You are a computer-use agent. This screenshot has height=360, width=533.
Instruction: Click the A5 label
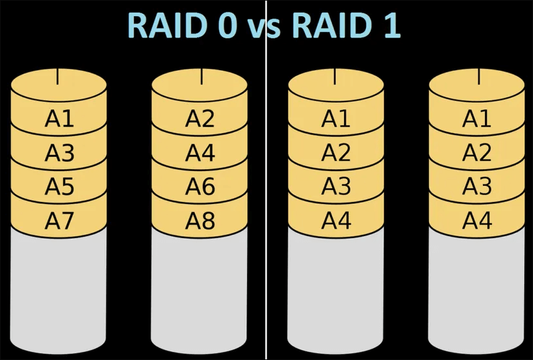click(59, 187)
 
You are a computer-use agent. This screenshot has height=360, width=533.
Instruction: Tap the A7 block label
click(59, 221)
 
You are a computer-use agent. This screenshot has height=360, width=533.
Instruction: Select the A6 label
click(200, 187)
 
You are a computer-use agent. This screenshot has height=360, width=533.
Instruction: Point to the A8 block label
click(200, 221)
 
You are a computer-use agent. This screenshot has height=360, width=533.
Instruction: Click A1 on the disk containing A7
click(59, 119)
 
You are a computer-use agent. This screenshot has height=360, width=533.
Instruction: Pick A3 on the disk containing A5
click(59, 153)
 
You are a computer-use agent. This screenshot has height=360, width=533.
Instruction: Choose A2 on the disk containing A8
click(200, 119)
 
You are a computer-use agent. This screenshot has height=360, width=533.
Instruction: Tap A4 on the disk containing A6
click(200, 153)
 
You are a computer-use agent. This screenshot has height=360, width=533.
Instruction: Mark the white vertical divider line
click(266, 195)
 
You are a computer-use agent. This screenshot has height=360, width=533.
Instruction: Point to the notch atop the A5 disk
click(58, 76)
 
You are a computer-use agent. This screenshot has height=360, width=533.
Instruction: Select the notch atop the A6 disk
click(201, 76)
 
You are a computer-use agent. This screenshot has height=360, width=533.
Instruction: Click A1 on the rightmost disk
click(476, 119)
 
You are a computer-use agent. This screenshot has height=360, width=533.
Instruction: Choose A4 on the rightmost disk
click(476, 221)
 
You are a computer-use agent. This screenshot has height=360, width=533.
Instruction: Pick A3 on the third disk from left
click(336, 187)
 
